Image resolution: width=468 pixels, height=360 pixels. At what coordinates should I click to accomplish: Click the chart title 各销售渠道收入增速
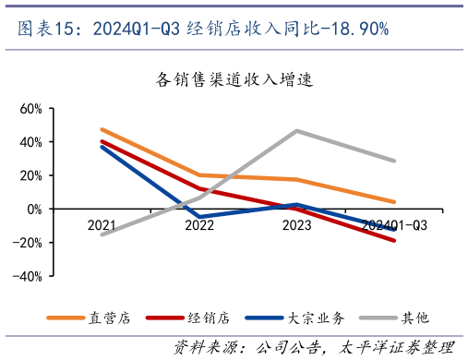[x=235, y=79]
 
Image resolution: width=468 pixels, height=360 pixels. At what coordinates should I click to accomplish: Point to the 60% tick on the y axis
[x=31, y=109]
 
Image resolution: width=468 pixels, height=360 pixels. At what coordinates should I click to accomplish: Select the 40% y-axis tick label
[x=31, y=142]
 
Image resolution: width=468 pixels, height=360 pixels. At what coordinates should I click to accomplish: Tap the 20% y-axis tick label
[x=31, y=175]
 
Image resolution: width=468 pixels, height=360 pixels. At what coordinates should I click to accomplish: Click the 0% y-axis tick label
[x=34, y=210]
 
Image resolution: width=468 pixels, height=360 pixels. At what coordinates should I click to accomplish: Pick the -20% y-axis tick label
[x=30, y=243]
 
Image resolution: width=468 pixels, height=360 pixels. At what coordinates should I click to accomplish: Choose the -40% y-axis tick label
[x=30, y=276]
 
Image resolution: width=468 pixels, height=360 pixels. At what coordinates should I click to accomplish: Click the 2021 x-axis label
[x=102, y=225]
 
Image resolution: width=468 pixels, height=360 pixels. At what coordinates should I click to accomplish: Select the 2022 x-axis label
[x=199, y=225]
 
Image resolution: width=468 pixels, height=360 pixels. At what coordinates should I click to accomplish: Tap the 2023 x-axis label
[x=296, y=225]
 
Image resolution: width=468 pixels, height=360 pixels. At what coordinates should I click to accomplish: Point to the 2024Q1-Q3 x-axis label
[x=394, y=225]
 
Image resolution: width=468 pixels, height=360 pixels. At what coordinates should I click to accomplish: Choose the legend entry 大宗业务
[x=315, y=318]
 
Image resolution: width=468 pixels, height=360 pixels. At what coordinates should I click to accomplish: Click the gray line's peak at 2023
[x=296, y=130]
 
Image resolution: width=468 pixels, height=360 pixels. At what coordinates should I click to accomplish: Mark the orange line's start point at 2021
[x=102, y=129]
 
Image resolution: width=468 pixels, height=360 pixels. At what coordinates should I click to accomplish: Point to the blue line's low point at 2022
[x=199, y=217]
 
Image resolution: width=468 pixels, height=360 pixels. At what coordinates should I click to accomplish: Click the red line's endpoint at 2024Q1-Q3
[x=394, y=241]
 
